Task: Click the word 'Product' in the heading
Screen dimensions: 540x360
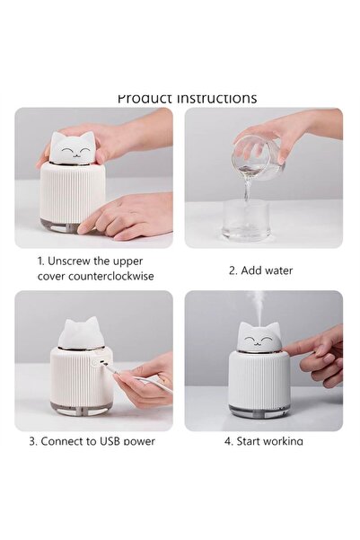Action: [x=145, y=98]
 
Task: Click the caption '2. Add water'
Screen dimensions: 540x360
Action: [x=259, y=270]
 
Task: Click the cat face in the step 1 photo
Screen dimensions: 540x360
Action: [x=73, y=148]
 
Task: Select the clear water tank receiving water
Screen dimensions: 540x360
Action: [x=246, y=220]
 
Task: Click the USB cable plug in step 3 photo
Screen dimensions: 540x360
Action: [x=110, y=368]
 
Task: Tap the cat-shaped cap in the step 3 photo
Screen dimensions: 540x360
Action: [x=81, y=335]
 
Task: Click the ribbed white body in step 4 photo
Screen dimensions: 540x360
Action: [x=259, y=378]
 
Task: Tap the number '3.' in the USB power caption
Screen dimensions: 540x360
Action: [x=33, y=441]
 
